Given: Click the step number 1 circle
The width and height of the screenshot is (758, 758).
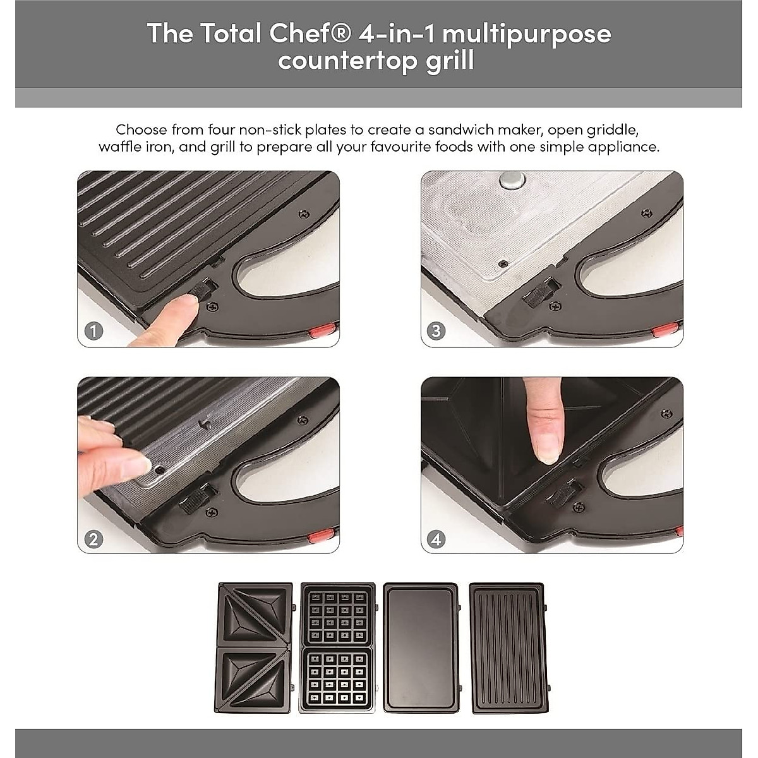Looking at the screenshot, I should coord(93,331).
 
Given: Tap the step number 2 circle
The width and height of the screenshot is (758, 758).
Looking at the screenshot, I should coord(93,539).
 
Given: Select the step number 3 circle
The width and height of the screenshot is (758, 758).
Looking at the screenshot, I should coord(436,331).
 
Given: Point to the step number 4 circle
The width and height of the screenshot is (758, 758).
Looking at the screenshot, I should coord(436,539).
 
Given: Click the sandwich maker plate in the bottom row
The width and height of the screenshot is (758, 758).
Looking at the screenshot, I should coord(255,647).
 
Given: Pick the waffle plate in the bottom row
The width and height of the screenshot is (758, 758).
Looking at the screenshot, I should coord(337,647).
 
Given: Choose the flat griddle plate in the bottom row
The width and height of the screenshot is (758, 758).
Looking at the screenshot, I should coord(421,647).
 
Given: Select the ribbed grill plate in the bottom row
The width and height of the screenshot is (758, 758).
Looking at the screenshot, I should coord(507,647).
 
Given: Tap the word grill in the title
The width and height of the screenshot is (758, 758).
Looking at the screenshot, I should coord(450,61).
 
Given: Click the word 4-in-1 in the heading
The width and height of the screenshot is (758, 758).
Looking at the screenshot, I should coord(396,33).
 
